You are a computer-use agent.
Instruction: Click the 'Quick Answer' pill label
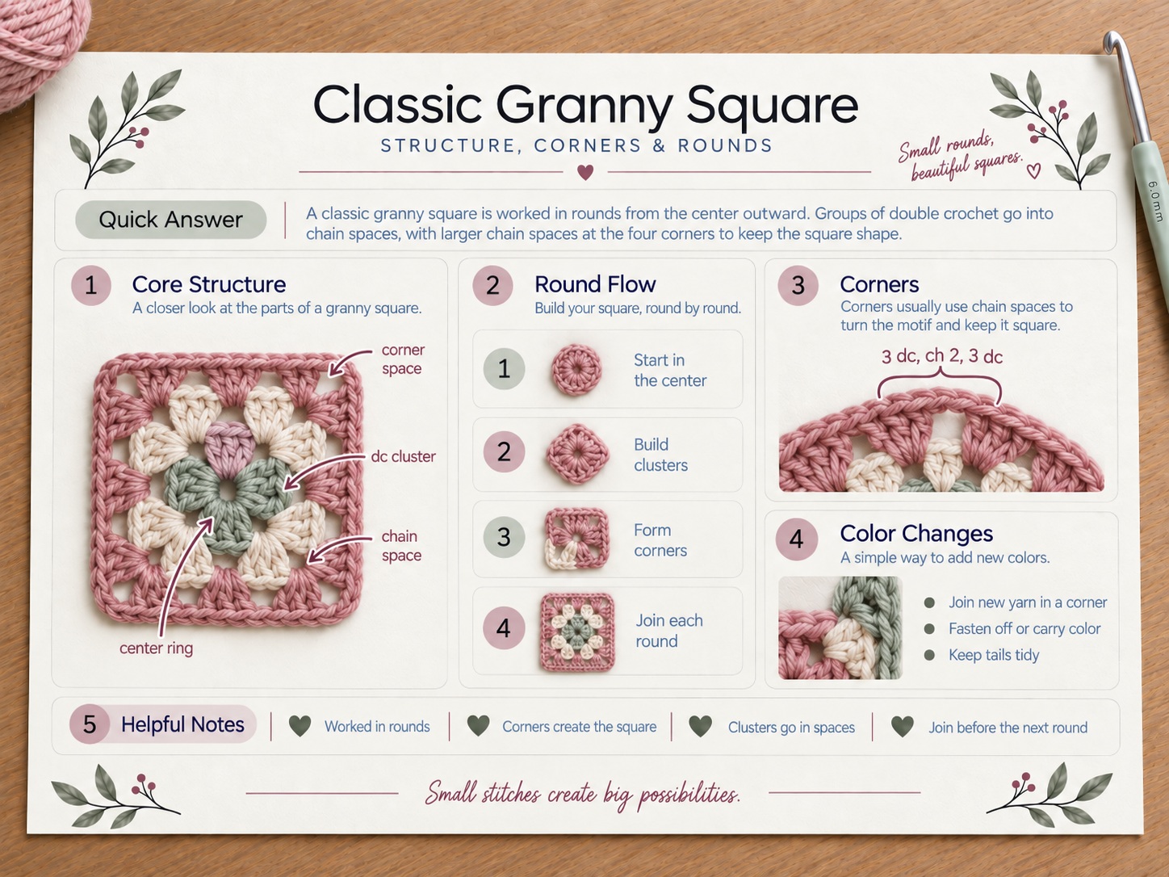170,220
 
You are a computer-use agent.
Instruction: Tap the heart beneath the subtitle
585,172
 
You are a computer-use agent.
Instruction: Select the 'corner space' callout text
403,359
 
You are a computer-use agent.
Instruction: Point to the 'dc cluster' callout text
403,456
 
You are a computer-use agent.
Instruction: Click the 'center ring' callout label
156,648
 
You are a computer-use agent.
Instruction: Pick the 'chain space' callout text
401,545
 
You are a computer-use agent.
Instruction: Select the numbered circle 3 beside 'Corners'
798,285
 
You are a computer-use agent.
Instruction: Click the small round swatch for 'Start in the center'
576,369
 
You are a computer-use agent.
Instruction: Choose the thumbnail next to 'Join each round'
577,632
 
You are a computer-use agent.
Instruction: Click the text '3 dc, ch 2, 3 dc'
941,356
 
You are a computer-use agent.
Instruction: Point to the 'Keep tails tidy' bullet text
994,654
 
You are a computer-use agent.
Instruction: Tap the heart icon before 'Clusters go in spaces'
700,725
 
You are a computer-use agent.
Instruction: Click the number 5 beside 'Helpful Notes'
90,724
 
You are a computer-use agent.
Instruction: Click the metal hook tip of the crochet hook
1112,43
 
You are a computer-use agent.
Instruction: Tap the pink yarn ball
37,45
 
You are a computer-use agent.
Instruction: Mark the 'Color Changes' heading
916,534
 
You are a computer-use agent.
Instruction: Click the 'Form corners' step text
660,540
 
